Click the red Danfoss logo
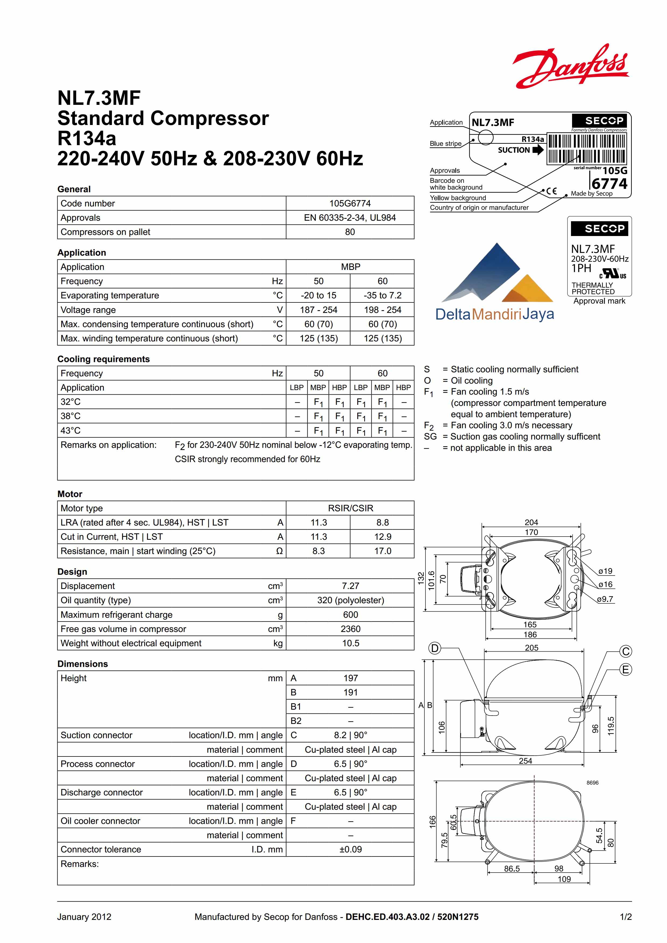point(570,67)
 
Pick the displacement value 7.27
point(350,586)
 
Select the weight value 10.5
point(350,643)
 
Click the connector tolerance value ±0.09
point(350,849)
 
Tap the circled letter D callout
point(434,649)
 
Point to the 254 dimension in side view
point(525,761)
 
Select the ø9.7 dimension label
point(605,599)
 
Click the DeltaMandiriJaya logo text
point(494,314)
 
